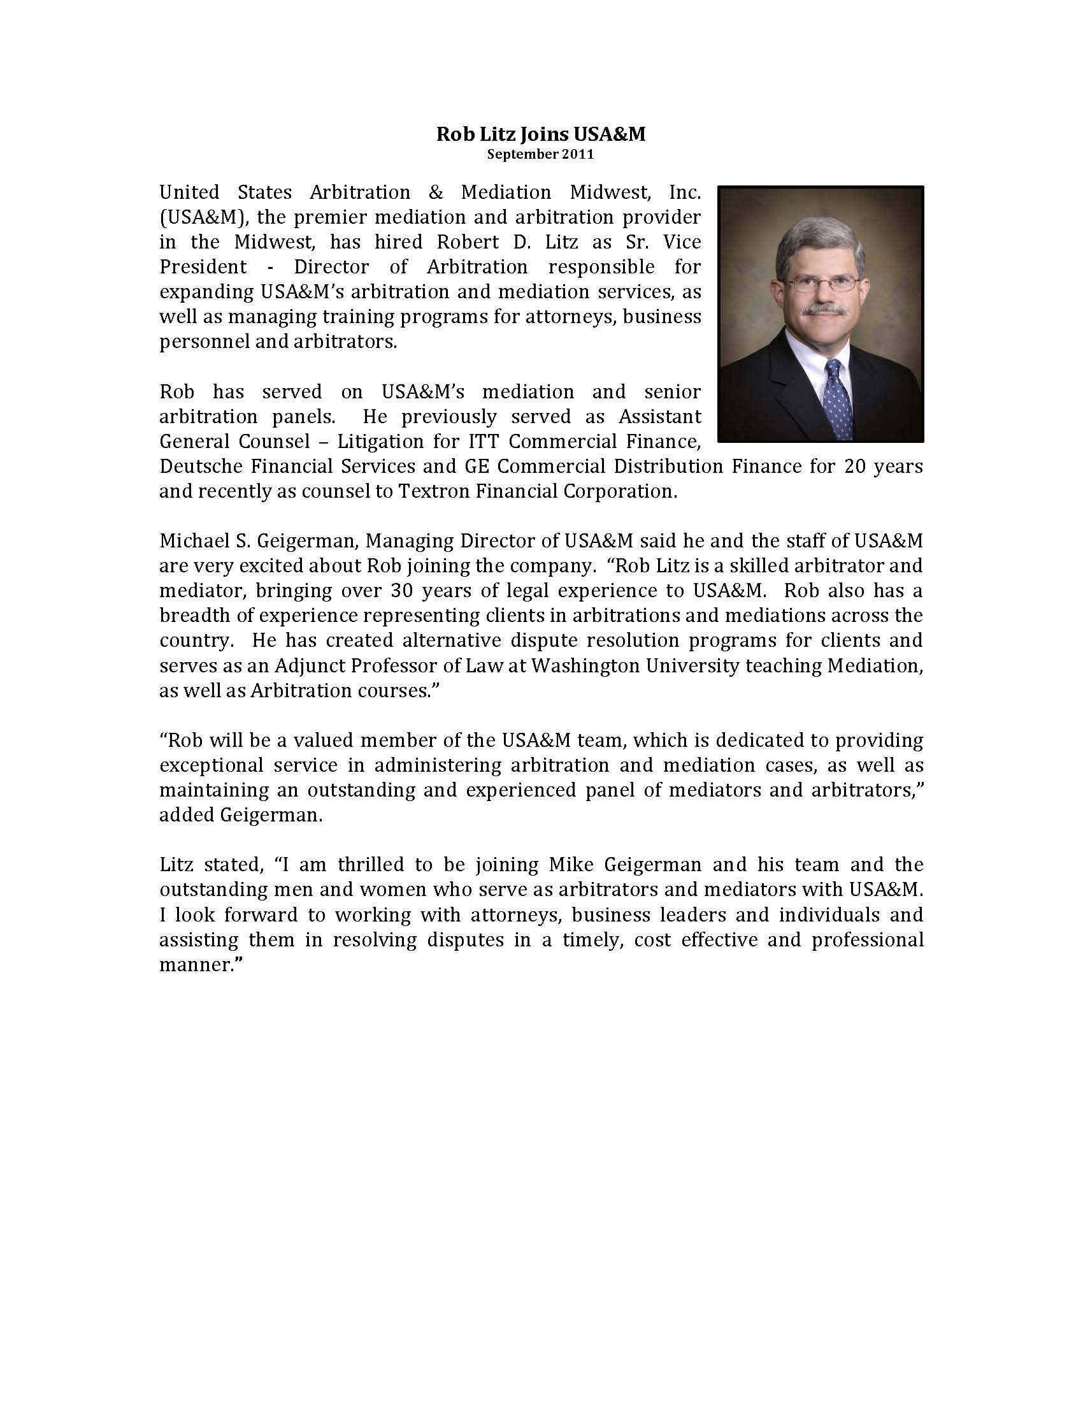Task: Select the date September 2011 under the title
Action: point(540,154)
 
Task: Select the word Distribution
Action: point(668,466)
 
